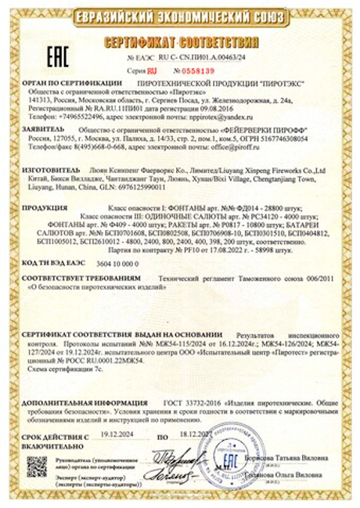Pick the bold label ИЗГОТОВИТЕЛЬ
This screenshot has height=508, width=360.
[x=49, y=169]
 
